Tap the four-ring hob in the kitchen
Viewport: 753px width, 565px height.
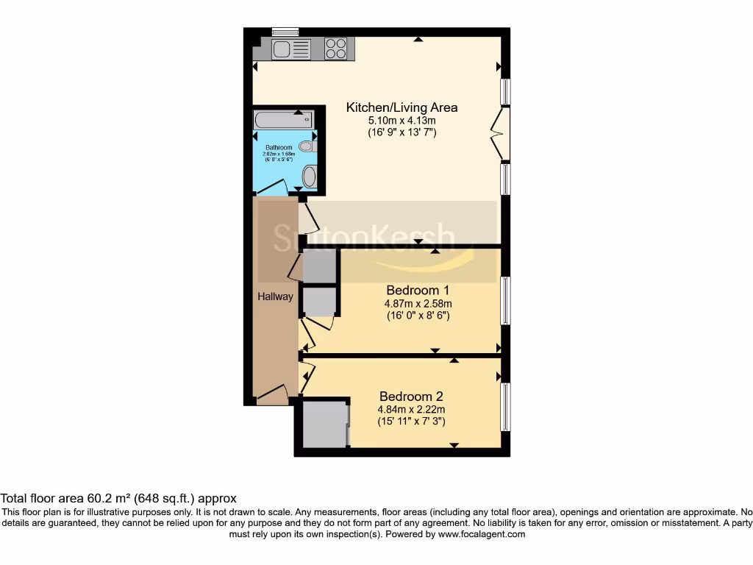pyautogui.click(x=336, y=49)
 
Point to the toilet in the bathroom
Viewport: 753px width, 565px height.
pyautogui.click(x=307, y=146)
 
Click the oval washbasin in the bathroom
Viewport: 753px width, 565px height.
pyautogui.click(x=310, y=177)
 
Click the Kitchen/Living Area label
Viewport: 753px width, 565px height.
pyautogui.click(x=402, y=107)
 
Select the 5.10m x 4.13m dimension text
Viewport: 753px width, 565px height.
pyautogui.click(x=402, y=121)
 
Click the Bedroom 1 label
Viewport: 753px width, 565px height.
pyautogui.click(x=418, y=291)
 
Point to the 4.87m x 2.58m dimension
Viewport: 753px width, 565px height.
pyautogui.click(x=418, y=303)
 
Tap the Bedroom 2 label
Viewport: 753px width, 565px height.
pyautogui.click(x=411, y=396)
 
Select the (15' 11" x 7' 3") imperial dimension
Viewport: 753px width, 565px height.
pyautogui.click(x=411, y=422)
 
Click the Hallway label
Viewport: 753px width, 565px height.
pyautogui.click(x=275, y=296)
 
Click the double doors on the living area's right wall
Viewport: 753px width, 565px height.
pyautogui.click(x=502, y=133)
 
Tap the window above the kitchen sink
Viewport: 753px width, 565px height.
pyautogui.click(x=285, y=32)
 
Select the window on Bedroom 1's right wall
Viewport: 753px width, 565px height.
pyautogui.click(x=505, y=300)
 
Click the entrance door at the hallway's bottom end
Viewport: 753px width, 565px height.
pyautogui.click(x=271, y=395)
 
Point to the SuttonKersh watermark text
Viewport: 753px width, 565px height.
pyautogui.click(x=364, y=238)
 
